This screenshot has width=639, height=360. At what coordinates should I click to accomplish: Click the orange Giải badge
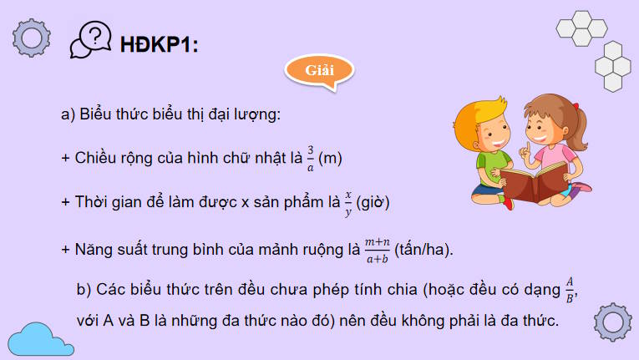316,69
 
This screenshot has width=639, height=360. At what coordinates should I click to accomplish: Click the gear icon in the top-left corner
32,37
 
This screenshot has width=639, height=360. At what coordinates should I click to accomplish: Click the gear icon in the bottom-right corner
611,322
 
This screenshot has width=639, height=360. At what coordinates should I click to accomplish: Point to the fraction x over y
347,202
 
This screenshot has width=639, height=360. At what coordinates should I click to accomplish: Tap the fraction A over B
570,289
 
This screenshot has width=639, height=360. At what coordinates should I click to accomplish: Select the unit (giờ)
373,203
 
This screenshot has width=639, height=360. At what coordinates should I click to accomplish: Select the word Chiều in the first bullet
97,157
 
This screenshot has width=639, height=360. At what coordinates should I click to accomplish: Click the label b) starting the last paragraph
83,291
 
